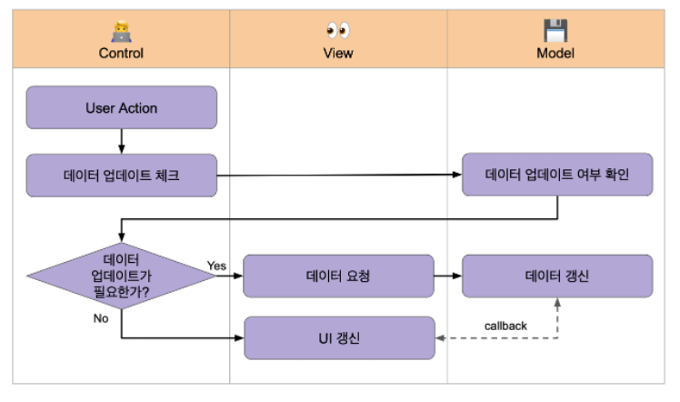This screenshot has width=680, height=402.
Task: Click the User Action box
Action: coord(122,108)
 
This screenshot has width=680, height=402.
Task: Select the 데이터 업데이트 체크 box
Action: coord(122,175)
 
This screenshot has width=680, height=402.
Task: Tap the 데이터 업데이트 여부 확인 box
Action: coord(556,175)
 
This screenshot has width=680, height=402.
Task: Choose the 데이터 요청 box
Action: coord(338,276)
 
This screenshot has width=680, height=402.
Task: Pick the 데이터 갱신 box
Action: coord(556,276)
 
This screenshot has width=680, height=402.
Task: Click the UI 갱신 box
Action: coord(338,337)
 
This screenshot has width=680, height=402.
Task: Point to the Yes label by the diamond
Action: coord(216,266)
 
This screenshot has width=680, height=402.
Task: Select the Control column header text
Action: coord(121,54)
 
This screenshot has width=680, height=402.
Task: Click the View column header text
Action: coord(338,54)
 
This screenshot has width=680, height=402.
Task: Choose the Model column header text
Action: coord(555,54)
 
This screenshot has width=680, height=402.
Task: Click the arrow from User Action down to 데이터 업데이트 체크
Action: coord(122,141)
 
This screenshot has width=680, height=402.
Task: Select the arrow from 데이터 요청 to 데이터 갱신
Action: coord(447,276)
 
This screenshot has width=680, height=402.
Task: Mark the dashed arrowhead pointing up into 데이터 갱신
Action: coord(556,304)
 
